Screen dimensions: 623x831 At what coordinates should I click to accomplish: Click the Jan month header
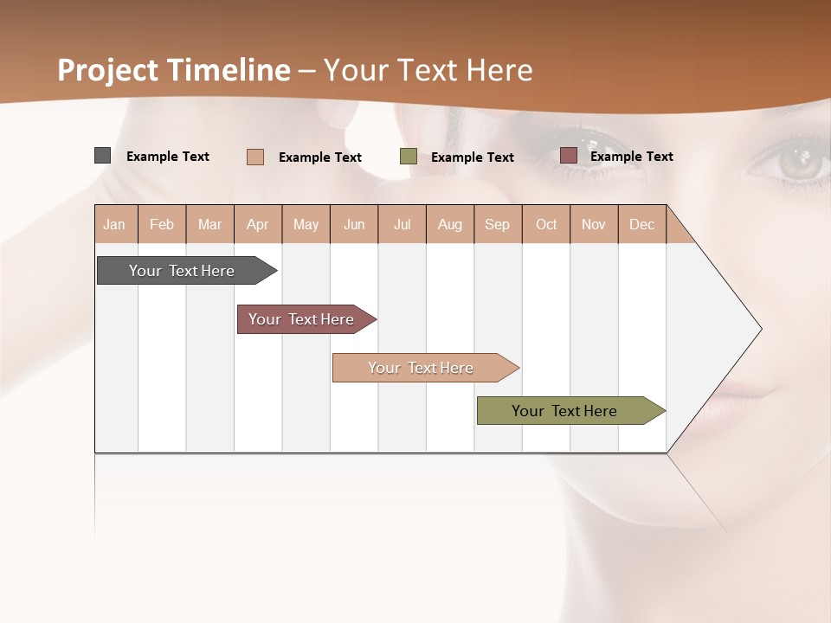coord(115,224)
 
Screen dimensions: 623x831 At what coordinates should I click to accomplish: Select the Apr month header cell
coord(258,224)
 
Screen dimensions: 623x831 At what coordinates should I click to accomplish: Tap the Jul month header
coord(402,224)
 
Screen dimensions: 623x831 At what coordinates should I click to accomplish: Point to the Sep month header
coord(498,224)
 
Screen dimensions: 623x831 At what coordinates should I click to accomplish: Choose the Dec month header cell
coord(641,224)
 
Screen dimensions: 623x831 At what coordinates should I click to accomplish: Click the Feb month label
coord(162,224)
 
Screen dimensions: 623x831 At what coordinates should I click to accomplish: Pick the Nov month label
coord(594,224)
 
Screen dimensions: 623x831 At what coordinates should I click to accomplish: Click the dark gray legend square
coord(103,156)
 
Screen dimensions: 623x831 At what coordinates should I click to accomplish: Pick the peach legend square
coord(255,157)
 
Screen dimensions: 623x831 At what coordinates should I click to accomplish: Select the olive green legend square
coord(409,157)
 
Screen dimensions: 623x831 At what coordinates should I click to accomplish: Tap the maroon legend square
coord(569,156)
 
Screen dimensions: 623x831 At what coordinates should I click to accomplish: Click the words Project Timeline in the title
coord(174,70)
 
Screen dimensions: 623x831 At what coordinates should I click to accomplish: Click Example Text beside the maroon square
coord(631,157)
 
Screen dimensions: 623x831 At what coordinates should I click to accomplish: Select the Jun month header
coord(354,224)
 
